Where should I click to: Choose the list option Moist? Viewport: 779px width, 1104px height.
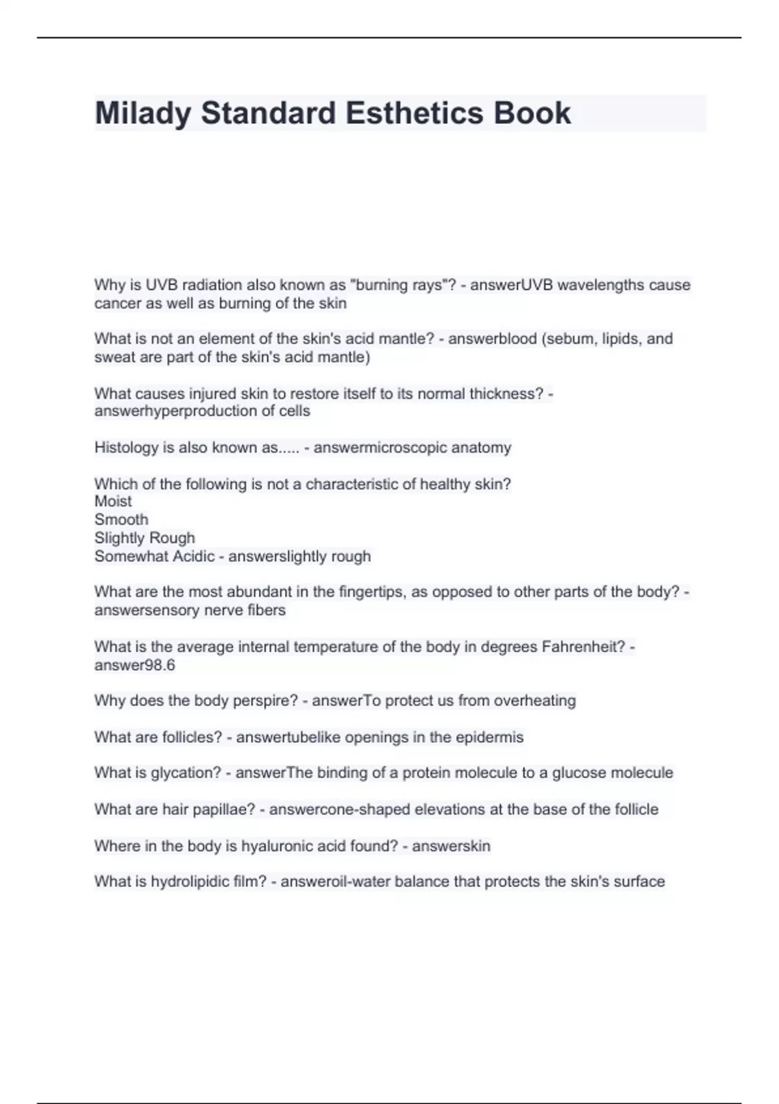pos(113,501)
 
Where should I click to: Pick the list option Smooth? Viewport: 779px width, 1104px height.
pos(121,520)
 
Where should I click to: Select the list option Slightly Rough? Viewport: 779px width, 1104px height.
pos(145,538)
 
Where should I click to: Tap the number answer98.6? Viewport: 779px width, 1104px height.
pos(135,665)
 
